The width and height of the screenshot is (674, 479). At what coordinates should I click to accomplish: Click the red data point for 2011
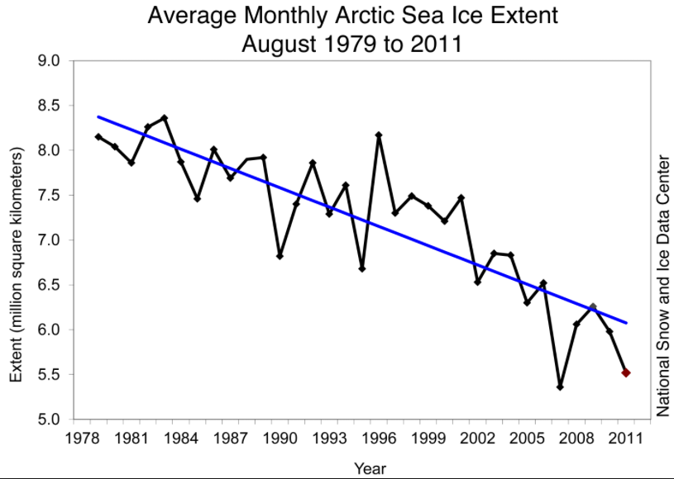[x=626, y=373]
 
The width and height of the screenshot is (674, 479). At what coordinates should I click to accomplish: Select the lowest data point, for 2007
[x=560, y=387]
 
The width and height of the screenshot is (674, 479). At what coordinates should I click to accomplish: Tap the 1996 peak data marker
[x=379, y=135]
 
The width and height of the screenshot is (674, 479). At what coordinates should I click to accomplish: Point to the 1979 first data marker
[x=98, y=136]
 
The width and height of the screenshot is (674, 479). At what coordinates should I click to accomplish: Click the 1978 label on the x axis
[x=83, y=437]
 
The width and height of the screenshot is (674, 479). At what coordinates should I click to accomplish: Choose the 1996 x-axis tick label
[x=379, y=437]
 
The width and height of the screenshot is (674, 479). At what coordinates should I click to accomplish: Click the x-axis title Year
[x=370, y=468]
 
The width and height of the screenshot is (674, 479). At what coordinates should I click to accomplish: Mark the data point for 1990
[x=280, y=256]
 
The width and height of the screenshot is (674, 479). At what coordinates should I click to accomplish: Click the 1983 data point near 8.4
[x=165, y=117]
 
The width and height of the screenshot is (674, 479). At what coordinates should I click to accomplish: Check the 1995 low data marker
[x=362, y=268]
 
